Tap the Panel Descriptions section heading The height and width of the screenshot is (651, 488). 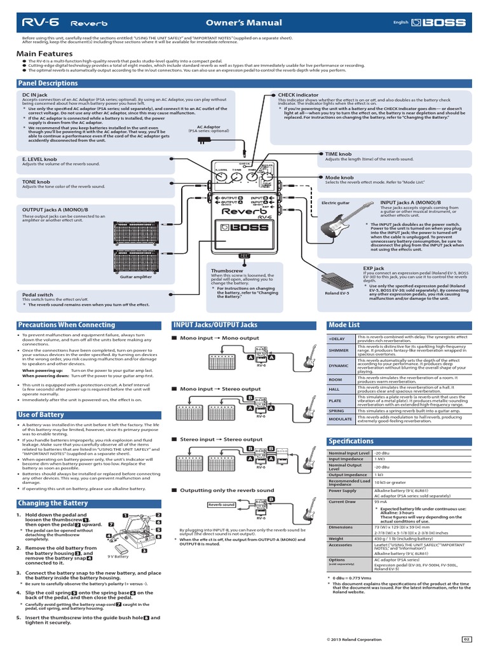tap(48, 83)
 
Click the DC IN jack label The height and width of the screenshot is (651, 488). tap(34, 95)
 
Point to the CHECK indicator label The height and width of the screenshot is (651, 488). tap(299, 95)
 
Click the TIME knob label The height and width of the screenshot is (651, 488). tap(338, 153)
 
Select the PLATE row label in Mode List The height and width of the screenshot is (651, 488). tap(335, 401)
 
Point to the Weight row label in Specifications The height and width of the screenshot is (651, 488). tap(336, 538)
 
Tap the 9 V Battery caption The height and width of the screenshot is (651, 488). tap(118, 556)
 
